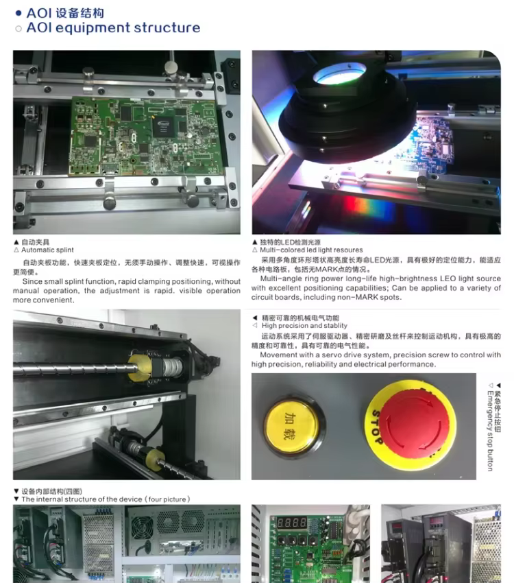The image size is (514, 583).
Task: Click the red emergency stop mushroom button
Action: pyautogui.click(x=413, y=425)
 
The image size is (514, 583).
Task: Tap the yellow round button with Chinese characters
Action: pyautogui.click(x=291, y=425)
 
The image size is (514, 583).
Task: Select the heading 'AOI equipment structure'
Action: pyautogui.click(x=113, y=28)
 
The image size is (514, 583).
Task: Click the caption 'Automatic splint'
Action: pyautogui.click(x=47, y=250)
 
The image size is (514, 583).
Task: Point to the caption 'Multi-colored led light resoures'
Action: pyautogui.click(x=311, y=250)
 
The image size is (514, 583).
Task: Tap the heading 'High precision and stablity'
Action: pyautogui.click(x=304, y=326)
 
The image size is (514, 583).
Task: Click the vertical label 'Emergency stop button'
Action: pyautogui.click(x=490, y=431)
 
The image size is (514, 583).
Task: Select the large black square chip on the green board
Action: pyautogui.click(x=163, y=127)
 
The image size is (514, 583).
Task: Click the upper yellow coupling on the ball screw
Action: pyautogui.click(x=140, y=368)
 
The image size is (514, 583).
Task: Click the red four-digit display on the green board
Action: pyautogui.click(x=292, y=523)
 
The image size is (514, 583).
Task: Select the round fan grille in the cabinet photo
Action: pyautogui.click(x=143, y=527)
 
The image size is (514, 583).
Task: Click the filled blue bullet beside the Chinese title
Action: pyautogui.click(x=19, y=14)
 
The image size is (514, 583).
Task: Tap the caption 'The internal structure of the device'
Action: pyautogui.click(x=82, y=499)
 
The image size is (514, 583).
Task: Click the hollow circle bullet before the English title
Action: pyautogui.click(x=19, y=29)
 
